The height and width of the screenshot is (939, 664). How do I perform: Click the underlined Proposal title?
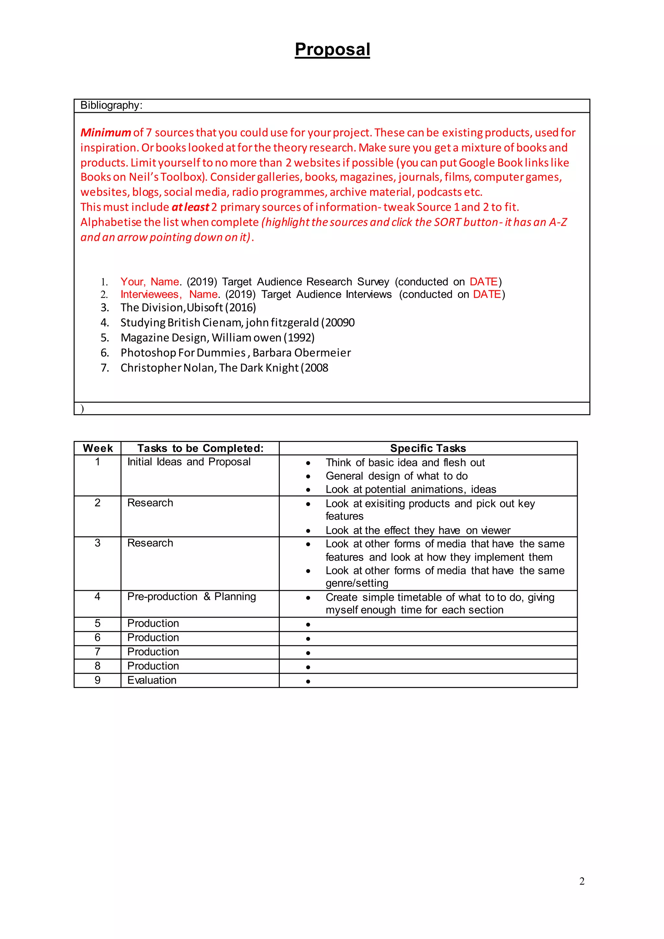tap(332, 50)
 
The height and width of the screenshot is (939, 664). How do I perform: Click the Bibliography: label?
tap(111, 105)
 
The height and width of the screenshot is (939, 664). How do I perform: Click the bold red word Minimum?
tap(105, 133)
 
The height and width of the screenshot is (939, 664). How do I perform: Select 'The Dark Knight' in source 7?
tap(258, 368)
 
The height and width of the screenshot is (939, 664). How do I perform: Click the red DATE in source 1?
tap(483, 282)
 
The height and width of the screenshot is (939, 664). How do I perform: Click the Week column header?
tap(98, 448)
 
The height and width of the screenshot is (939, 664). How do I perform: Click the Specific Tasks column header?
tap(428, 448)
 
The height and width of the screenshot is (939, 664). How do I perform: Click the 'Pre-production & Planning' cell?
tap(191, 597)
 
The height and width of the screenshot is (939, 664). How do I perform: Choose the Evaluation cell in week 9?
tap(152, 680)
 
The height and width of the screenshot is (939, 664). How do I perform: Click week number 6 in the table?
tap(97, 637)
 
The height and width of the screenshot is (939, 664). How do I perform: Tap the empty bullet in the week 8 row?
tap(308, 667)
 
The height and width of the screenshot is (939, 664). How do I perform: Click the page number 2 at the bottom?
tap(581, 881)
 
